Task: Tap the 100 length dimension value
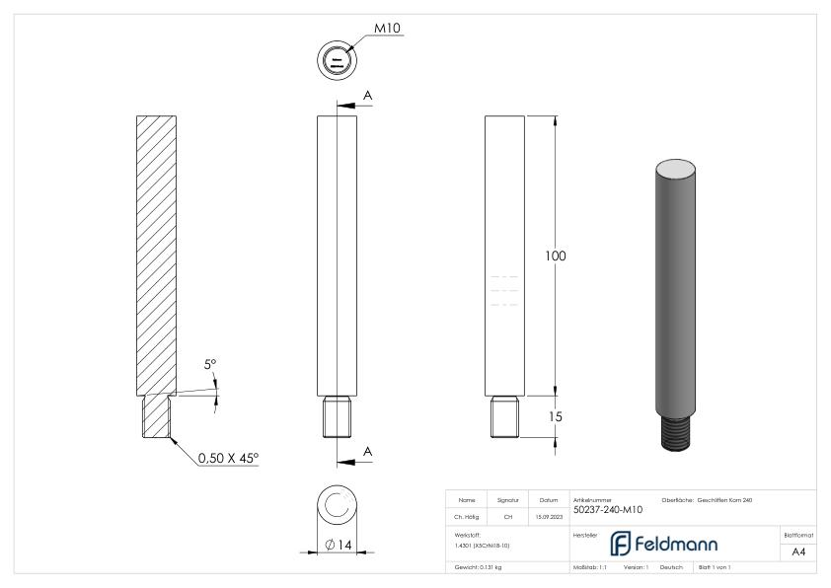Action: pyautogui.click(x=556, y=257)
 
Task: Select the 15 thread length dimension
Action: pyautogui.click(x=556, y=417)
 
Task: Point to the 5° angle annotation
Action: pyautogui.click(x=210, y=365)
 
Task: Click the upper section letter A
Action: pyautogui.click(x=368, y=95)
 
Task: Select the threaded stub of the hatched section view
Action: pyautogui.click(x=157, y=415)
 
